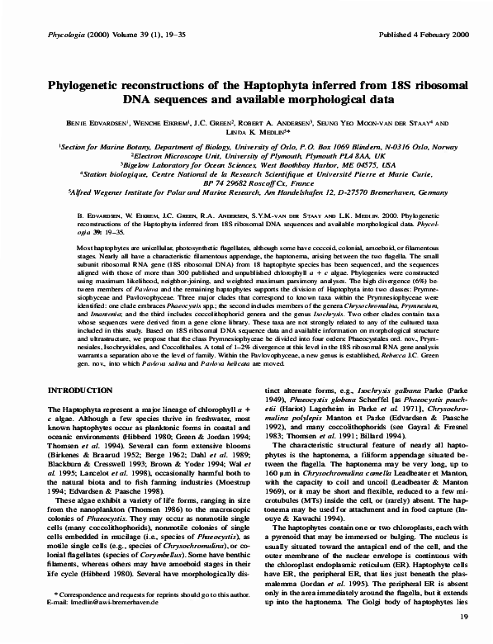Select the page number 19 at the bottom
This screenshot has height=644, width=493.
pos(464,617)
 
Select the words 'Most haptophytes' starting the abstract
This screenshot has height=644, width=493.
pos(103,249)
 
